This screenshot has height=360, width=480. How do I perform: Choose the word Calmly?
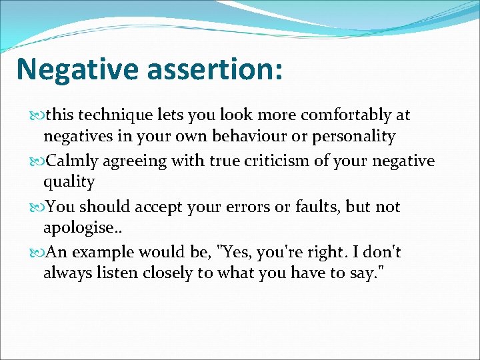tap(70, 161)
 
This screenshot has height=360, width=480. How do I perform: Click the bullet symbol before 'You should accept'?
tap(36, 207)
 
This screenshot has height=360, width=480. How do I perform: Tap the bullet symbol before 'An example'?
tap(36, 253)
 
